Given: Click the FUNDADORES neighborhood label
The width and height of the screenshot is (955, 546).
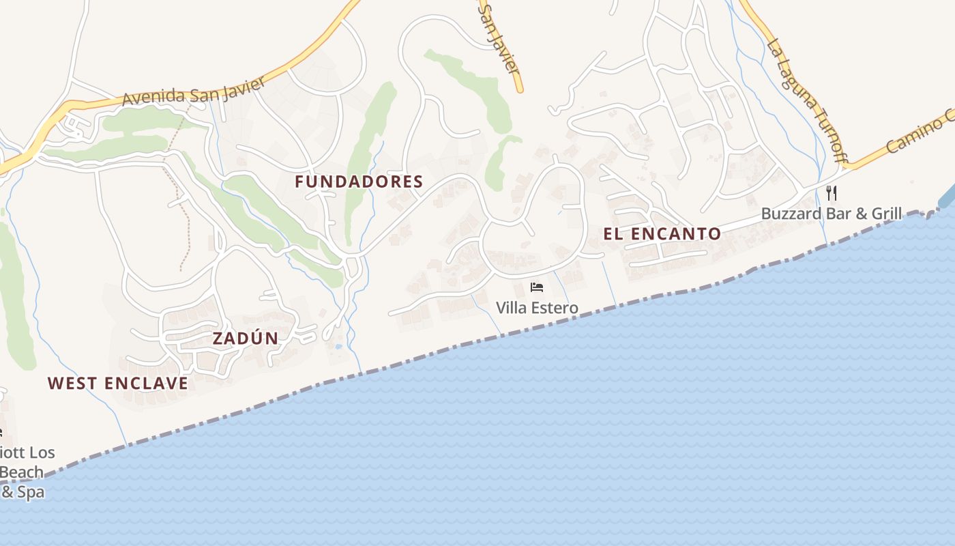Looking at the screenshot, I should coord(359,182).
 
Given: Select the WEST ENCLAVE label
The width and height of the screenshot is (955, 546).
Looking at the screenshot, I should coord(117,384).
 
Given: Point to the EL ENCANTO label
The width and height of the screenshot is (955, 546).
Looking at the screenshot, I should coord(662,233).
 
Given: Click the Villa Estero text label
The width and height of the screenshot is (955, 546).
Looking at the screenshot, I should coord(537,308).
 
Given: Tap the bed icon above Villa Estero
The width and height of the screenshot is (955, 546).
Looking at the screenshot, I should coord(537,287).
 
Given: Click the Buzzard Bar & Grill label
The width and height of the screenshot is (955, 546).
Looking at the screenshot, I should coord(831,214).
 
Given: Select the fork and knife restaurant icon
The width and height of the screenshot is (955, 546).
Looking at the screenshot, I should coord(831,193).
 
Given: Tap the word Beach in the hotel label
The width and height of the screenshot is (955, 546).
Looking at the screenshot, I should coord(22,472).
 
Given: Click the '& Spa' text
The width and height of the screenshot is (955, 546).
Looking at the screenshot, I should coord(22,491).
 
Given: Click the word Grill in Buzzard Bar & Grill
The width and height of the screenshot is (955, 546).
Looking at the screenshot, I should coord(883,214).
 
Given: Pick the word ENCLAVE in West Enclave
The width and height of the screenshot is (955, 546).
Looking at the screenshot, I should coord(151,384).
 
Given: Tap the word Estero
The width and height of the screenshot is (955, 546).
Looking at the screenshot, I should coord(555,308).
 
